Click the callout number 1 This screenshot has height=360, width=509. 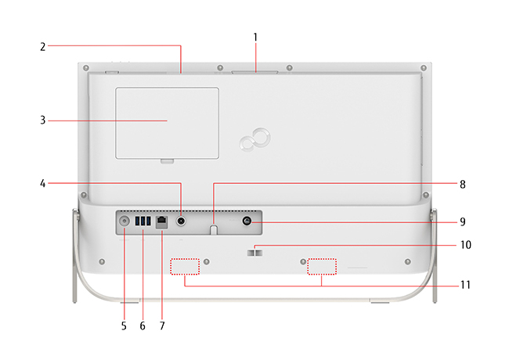pos(255,38)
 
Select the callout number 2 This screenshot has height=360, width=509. pos(43,47)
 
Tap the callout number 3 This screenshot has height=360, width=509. pos(43,121)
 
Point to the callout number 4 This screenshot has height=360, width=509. pos(43,184)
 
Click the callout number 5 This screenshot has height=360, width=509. pos(124,326)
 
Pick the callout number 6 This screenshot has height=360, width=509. pos(143,326)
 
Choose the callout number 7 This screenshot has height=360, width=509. pos(162,326)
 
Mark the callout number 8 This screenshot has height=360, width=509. pos(463,185)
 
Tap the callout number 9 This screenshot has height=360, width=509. pos(463,221)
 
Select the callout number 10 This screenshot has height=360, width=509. pos(466,245)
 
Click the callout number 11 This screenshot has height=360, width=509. pos(465,285)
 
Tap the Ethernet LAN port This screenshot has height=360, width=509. pos(161,222)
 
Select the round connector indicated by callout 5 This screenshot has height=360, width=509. pos(124,221)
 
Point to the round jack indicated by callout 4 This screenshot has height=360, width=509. pos(181,221)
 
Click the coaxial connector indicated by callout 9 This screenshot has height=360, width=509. pos(247,221)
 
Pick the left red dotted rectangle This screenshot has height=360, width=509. pos(185,267)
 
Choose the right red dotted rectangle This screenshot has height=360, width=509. pos(322,267)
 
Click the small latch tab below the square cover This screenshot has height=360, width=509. pos(167,161)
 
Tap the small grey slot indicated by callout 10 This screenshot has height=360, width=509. pos(254,252)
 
